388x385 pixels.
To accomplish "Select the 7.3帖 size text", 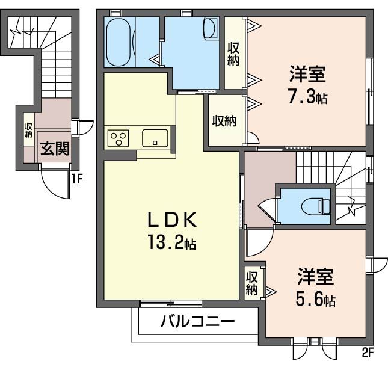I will click(x=307, y=97).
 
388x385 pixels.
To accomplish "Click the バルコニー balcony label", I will click(x=197, y=321).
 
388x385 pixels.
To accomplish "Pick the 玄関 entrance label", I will click(x=54, y=149).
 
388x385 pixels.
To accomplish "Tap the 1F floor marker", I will click(x=76, y=177).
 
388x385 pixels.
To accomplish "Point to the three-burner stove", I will click(x=119, y=138).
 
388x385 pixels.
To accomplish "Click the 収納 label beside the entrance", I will click(x=28, y=130).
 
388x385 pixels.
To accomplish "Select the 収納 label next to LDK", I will click(x=224, y=121).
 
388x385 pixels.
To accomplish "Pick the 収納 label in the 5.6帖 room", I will click(x=251, y=283).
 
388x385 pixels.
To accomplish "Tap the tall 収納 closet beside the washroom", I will click(x=233, y=52).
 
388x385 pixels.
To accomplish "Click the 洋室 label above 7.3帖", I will click(x=307, y=75).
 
